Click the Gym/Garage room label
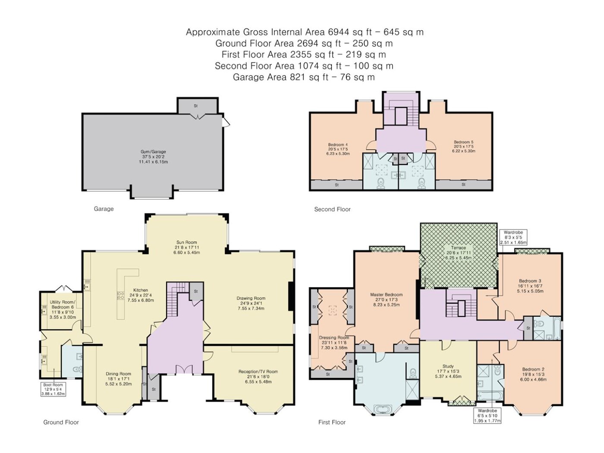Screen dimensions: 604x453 [x=153, y=157]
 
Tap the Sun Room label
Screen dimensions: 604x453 [x=186, y=247]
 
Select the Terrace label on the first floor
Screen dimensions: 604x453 [x=458, y=253]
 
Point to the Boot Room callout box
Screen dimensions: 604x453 [x=53, y=389]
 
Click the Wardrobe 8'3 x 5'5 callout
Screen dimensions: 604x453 [x=513, y=237]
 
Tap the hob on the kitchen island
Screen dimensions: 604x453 [x=120, y=296]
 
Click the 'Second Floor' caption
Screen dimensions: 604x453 [x=332, y=209]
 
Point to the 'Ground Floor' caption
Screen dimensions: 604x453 [x=61, y=422]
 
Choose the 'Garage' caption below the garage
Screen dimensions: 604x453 [x=104, y=209]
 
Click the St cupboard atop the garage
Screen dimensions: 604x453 [x=197, y=105]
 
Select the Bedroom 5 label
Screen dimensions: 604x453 [x=463, y=146]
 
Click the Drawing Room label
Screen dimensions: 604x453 [x=251, y=303]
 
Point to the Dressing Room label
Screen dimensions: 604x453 [x=334, y=343]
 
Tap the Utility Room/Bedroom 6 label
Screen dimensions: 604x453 [x=62, y=309]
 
